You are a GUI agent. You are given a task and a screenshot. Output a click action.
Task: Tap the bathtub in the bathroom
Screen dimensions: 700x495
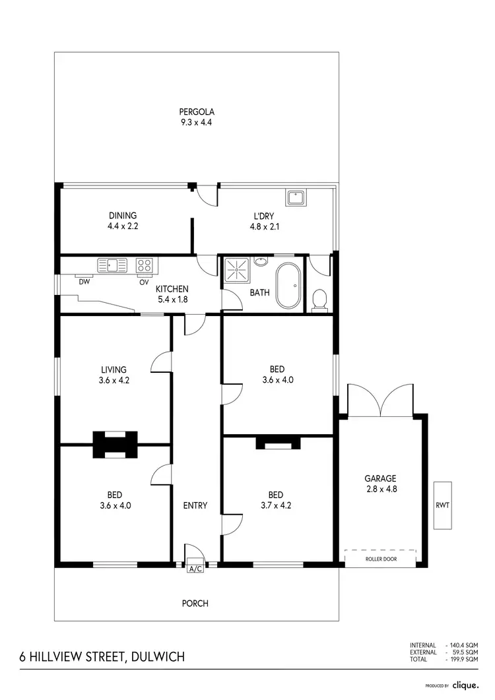coord(287,285)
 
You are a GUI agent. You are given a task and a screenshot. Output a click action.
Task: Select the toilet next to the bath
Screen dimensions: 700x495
coord(319,300)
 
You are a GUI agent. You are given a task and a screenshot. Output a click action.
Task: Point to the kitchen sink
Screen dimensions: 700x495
coord(112,265)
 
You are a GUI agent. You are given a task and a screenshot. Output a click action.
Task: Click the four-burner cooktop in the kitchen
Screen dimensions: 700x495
coord(144,265)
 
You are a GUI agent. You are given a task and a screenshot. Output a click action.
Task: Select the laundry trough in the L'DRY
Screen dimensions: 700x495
coord(294,197)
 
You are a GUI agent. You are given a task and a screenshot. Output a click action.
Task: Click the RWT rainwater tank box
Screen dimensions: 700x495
coord(442,505)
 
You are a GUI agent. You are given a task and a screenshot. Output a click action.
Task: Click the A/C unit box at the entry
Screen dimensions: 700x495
coord(195,568)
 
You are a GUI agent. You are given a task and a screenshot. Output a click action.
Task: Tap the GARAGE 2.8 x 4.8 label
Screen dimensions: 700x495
coord(380,484)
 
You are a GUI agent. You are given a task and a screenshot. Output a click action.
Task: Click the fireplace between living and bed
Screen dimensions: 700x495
coord(115,444)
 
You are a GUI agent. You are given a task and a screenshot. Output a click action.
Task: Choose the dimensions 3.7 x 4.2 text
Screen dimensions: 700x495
coord(276,506)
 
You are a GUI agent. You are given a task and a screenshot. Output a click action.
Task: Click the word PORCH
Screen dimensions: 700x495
coord(195,603)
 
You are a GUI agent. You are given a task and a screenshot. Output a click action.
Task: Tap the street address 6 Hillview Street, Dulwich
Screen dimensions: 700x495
coord(102,656)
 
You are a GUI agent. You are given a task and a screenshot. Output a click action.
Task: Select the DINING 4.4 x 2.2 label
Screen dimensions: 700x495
coord(123,220)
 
